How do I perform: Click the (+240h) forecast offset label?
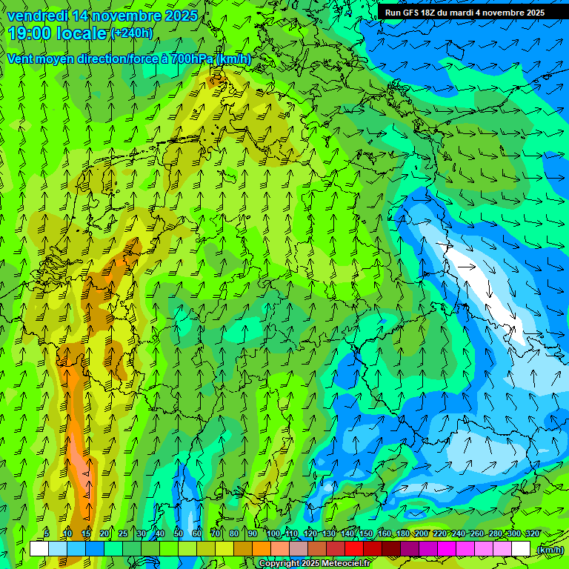tap(132, 33)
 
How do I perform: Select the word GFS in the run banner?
tap(412, 13)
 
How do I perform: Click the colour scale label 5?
tap(47, 534)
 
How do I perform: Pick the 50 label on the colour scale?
tap(179, 534)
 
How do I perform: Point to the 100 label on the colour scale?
tap(273, 534)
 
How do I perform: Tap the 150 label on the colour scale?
tap(366, 534)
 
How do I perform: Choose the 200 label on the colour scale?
tap(422, 534)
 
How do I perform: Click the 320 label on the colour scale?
tap(533, 534)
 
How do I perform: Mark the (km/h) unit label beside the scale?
tap(549, 550)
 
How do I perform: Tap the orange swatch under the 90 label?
tap(262, 549)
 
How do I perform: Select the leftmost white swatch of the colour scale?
tap(39, 549)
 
